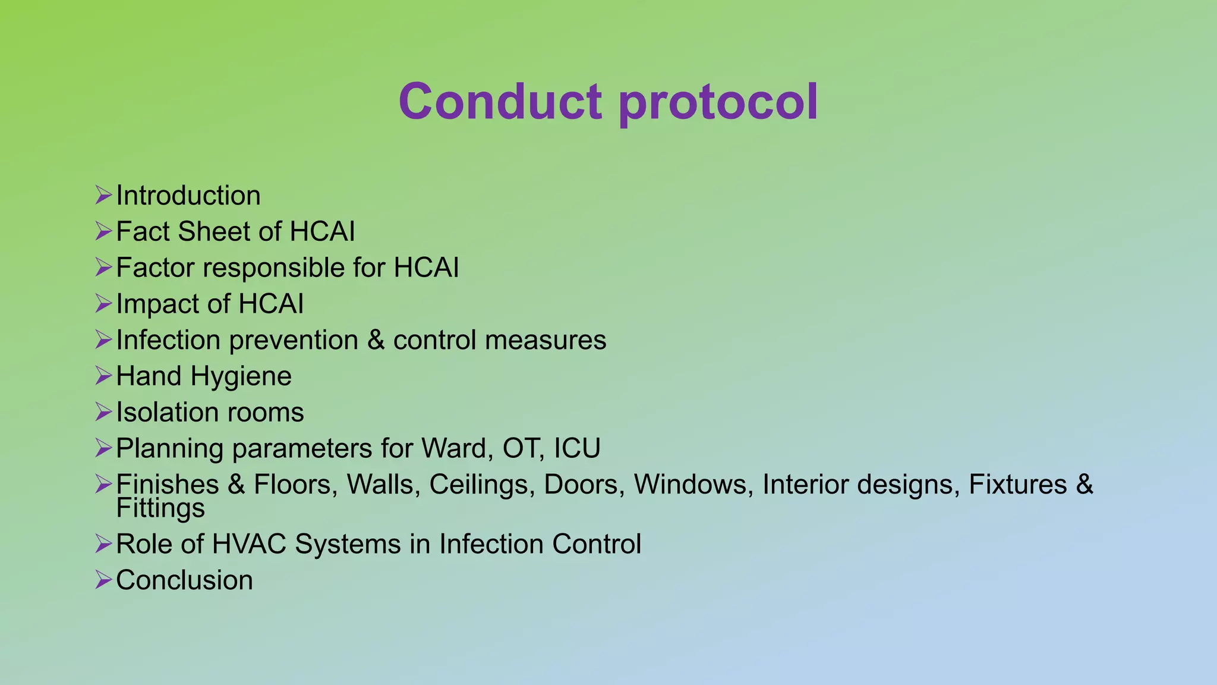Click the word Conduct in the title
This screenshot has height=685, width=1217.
point(500,102)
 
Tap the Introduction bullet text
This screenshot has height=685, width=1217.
point(188,196)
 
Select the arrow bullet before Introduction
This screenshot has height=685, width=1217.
point(103,195)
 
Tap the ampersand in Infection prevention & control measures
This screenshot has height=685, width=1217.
point(376,340)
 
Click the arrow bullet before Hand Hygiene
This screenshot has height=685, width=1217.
point(103,376)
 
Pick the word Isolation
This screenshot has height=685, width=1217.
point(167,413)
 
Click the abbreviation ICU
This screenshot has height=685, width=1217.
point(576,448)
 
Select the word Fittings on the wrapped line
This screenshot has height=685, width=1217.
point(160,509)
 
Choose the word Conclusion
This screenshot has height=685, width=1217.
point(184,580)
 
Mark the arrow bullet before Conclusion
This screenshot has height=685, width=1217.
point(103,580)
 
